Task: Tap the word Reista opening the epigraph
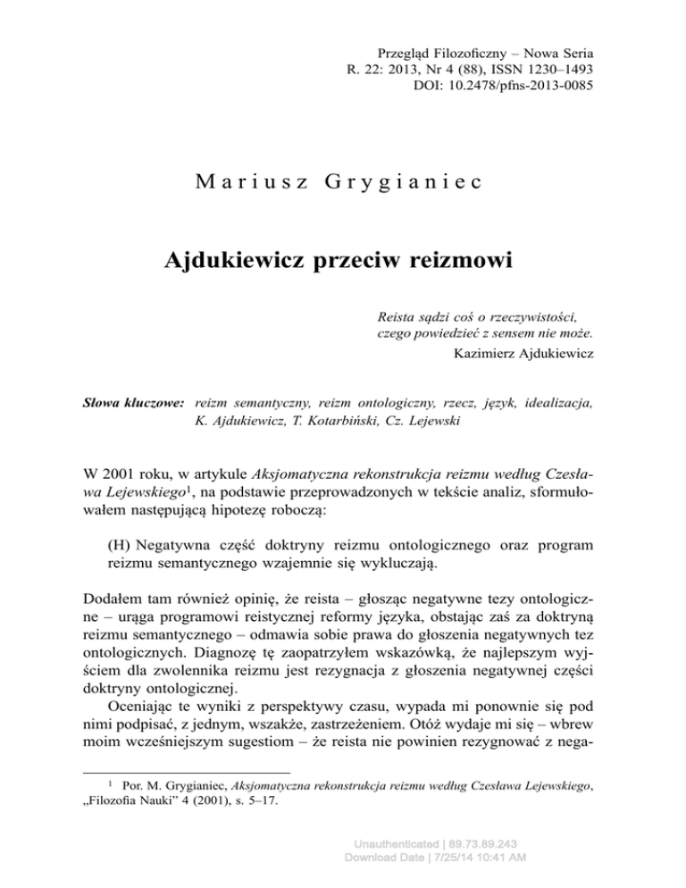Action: [398, 315]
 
